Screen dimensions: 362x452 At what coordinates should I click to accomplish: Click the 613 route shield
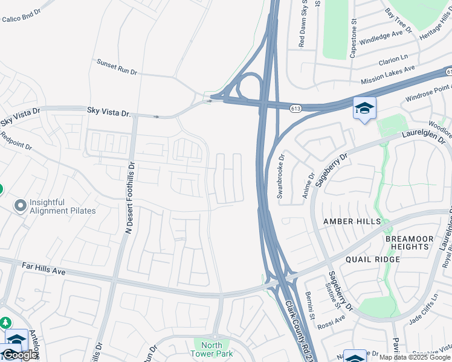click(295, 108)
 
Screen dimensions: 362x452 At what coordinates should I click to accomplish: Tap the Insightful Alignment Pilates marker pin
click(21, 206)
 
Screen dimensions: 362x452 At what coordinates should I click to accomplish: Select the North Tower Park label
click(211, 349)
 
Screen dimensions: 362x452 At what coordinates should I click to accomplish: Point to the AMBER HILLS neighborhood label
click(352, 221)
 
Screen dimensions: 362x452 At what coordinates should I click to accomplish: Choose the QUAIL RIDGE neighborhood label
click(373, 259)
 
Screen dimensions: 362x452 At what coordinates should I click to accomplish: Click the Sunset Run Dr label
click(117, 66)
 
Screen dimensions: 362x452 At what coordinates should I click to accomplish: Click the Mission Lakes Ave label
click(388, 75)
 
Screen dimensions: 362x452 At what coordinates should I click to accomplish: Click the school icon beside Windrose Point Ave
click(364, 109)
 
